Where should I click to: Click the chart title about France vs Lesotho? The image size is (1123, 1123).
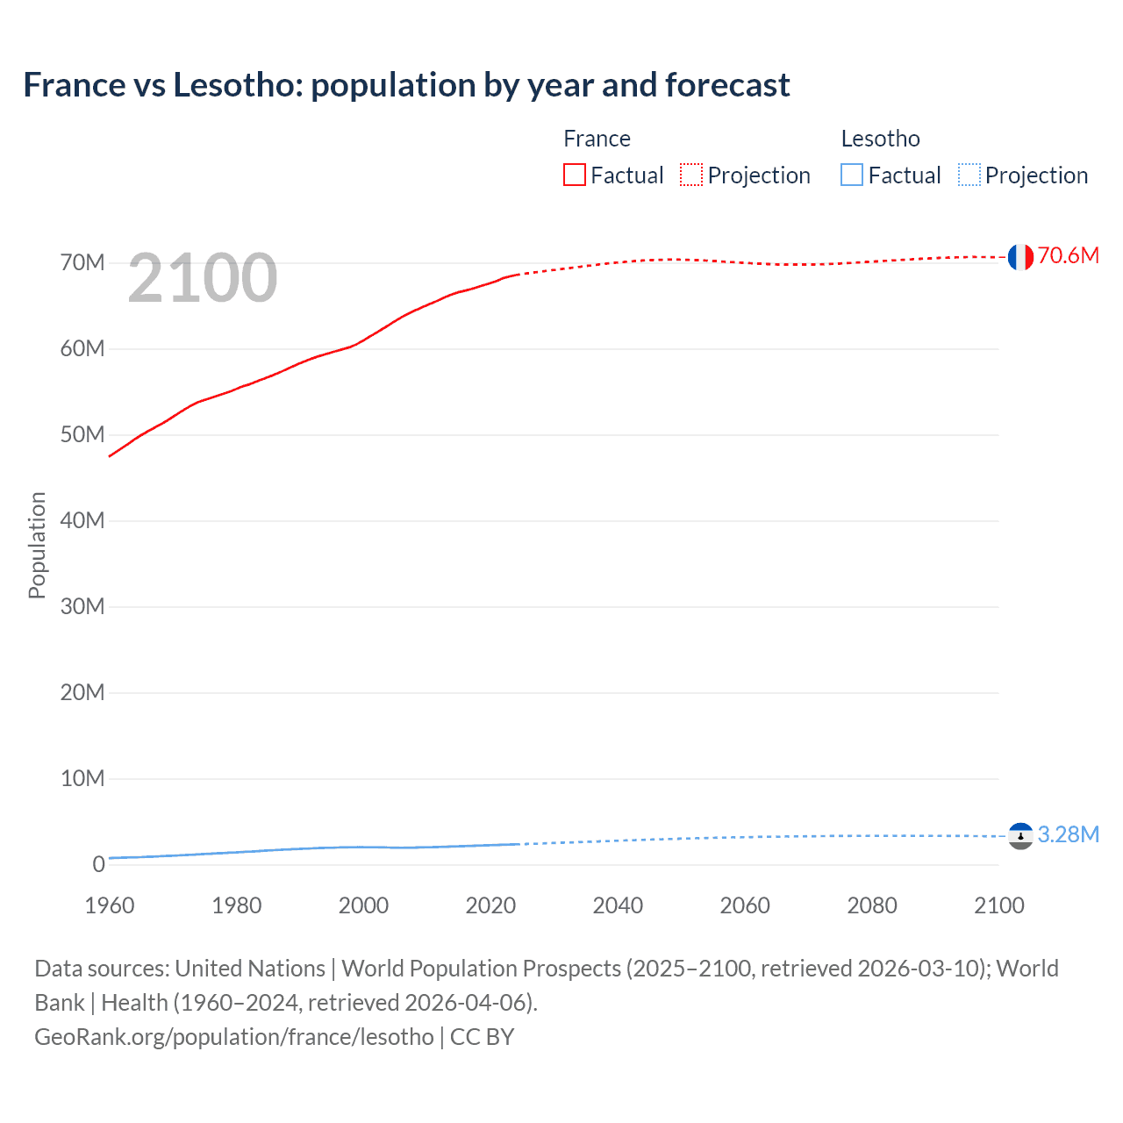click(406, 85)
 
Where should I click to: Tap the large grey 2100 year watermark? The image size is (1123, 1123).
click(203, 278)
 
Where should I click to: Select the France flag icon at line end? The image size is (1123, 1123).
click(1019, 257)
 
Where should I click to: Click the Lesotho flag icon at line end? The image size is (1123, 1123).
click(1019, 836)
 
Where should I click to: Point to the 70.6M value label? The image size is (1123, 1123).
click(1068, 255)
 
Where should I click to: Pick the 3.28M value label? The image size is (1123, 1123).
click(1068, 834)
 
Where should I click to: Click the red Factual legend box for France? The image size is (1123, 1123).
click(575, 175)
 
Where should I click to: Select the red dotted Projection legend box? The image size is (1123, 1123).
click(691, 175)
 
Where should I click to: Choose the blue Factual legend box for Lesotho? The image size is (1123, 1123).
click(852, 175)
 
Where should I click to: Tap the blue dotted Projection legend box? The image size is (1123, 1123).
click(969, 175)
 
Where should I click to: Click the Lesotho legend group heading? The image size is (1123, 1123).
click(880, 139)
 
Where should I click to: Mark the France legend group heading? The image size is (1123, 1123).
click(597, 139)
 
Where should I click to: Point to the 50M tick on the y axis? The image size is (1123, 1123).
click(82, 435)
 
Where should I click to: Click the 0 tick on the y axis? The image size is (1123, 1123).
click(98, 865)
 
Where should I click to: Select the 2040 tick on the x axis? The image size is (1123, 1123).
click(618, 905)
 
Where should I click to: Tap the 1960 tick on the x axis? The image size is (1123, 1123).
click(110, 905)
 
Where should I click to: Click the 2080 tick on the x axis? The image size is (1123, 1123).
click(872, 905)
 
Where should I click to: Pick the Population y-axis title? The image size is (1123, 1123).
click(37, 545)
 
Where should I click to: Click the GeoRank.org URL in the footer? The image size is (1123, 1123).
click(234, 1037)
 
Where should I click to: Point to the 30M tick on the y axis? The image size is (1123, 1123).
click(82, 607)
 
